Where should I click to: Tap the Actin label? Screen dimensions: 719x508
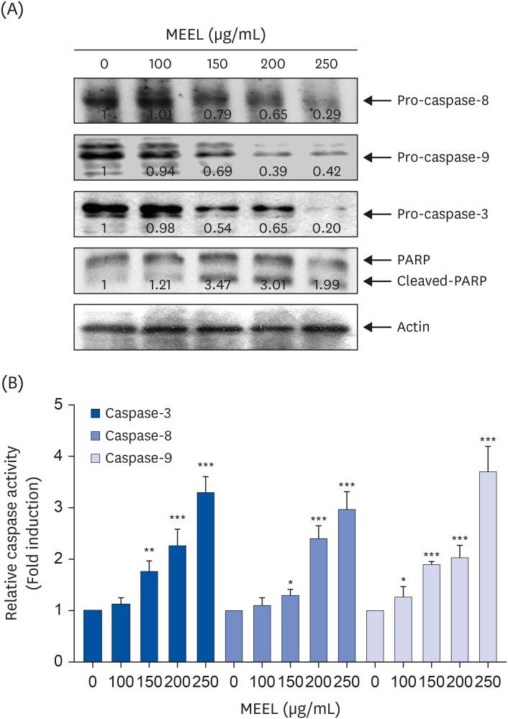pyautogui.click(x=413, y=327)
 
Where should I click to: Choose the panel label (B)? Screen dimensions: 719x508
pyautogui.click(x=16, y=383)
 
